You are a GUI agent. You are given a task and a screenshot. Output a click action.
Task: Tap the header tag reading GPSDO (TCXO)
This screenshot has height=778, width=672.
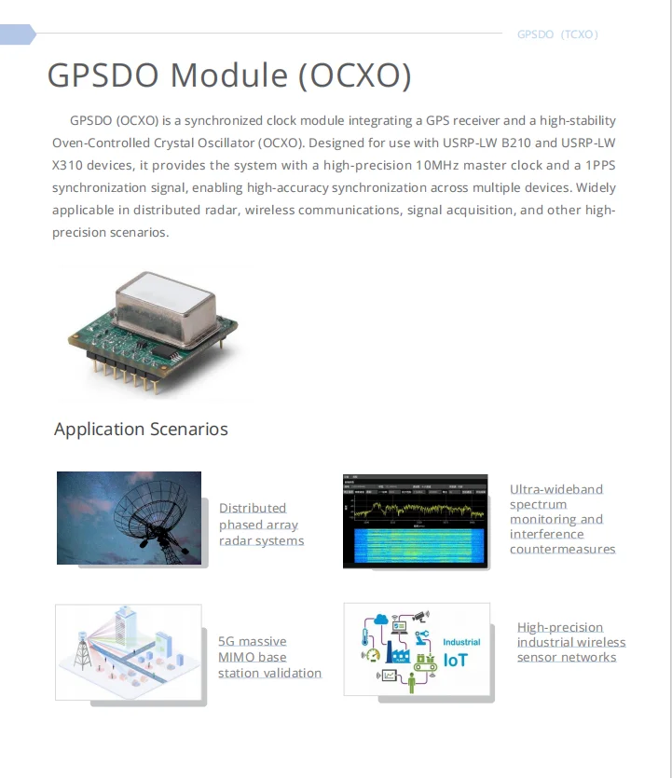557,34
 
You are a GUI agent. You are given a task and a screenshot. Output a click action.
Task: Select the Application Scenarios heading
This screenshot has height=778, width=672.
141,429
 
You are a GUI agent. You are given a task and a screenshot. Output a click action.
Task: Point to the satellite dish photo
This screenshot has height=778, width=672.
129,518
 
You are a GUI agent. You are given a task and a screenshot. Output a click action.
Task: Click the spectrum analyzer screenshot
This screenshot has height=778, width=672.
415,521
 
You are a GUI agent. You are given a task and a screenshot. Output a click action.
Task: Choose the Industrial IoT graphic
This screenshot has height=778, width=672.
417,648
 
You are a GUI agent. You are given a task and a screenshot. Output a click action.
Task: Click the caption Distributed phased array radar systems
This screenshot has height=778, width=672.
261,525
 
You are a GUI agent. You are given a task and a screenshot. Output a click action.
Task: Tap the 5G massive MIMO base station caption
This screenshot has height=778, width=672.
268,657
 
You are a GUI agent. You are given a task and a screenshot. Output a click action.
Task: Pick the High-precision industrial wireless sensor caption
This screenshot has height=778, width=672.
570,642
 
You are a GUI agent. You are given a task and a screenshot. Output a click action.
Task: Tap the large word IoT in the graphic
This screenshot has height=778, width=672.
457,660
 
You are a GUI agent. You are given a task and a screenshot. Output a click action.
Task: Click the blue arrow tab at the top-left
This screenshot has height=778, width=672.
17,34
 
